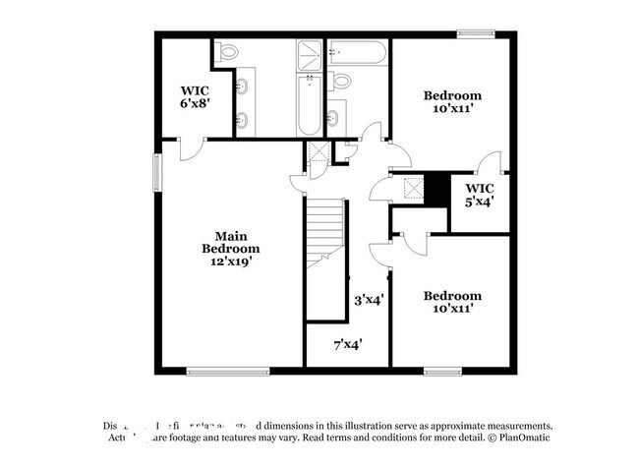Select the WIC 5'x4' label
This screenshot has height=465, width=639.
coord(479,194)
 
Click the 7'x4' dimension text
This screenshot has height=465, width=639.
coord(347,344)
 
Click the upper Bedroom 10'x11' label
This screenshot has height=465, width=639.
coord(452,101)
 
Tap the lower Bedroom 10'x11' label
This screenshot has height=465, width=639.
coord(452,301)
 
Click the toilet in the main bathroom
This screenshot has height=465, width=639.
coord(226,52)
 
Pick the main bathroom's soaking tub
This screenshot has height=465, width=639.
coord(309,104)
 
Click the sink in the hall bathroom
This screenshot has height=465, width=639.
coord(333,118)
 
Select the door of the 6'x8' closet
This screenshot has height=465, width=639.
coord(193,148)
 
